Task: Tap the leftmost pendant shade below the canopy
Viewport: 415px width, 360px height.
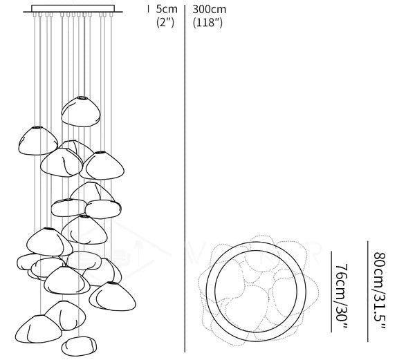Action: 37,140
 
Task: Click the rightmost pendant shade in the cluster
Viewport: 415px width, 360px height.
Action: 111,295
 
